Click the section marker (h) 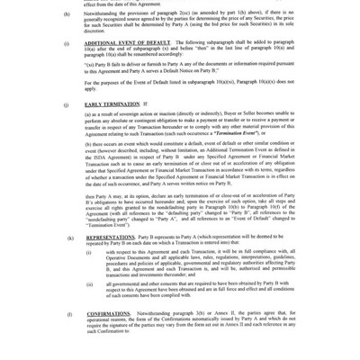[x=67, y=14]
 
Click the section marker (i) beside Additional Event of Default [x=67, y=42]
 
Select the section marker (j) [x=67, y=104]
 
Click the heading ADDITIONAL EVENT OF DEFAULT [x=127, y=42]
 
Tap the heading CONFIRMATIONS [x=108, y=313]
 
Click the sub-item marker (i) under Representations [x=88, y=251]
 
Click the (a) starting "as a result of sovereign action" [x=87, y=115]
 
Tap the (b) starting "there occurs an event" [x=87, y=144]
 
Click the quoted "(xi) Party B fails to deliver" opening [x=108, y=65]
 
